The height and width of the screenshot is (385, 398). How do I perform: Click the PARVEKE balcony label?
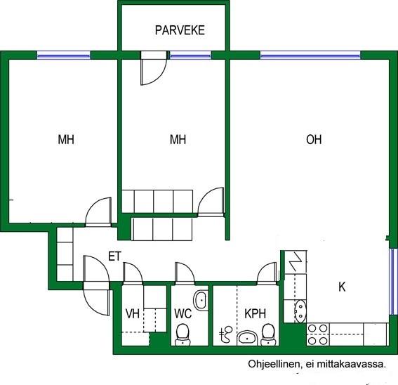point(180,30)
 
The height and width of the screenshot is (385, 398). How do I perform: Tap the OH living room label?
point(314,140)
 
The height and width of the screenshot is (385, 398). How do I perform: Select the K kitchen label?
point(342,287)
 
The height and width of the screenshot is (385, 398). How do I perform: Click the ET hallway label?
point(114,256)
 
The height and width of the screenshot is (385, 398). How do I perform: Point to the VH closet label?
point(133,313)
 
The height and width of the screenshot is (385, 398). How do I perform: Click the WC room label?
point(183,313)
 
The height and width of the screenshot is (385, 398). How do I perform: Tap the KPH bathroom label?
point(255,313)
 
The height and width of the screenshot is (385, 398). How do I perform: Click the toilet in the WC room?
point(183,334)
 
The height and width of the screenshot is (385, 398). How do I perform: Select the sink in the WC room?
point(201,301)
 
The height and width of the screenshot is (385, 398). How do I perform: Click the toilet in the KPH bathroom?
point(269,334)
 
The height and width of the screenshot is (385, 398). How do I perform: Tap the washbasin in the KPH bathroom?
point(247,338)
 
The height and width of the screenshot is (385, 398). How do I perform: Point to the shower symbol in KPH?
point(226,334)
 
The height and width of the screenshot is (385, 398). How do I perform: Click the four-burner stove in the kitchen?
point(317,334)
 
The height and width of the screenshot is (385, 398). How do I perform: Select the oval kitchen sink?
point(300,311)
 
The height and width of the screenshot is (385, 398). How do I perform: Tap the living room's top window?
point(310,55)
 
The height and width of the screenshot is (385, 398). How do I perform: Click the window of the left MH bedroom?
point(64,55)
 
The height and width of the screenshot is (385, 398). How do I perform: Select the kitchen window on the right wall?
point(393,282)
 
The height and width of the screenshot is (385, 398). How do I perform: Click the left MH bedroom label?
point(66,140)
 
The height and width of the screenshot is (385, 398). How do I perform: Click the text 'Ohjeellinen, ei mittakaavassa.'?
point(317,364)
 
